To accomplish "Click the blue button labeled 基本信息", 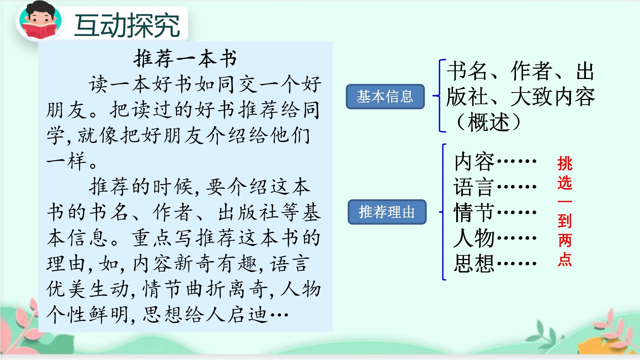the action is click(385, 96).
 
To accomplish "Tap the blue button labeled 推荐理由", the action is click(387, 212).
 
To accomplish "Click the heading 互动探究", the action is click(127, 25).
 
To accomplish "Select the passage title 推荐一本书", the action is click(185, 59).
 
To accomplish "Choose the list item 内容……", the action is click(495, 161).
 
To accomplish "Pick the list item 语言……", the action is click(495, 187).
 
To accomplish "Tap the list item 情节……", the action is click(495, 212).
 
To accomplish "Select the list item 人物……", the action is click(495, 238).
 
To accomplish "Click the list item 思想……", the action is click(495, 264).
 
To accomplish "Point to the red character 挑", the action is click(565, 164).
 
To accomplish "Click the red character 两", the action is click(565, 240).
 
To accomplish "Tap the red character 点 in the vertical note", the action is click(565, 260).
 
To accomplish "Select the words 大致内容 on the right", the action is click(553, 97).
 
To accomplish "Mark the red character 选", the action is click(565, 183).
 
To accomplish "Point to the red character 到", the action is click(565, 221).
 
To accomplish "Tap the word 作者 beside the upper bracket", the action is click(531, 71).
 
